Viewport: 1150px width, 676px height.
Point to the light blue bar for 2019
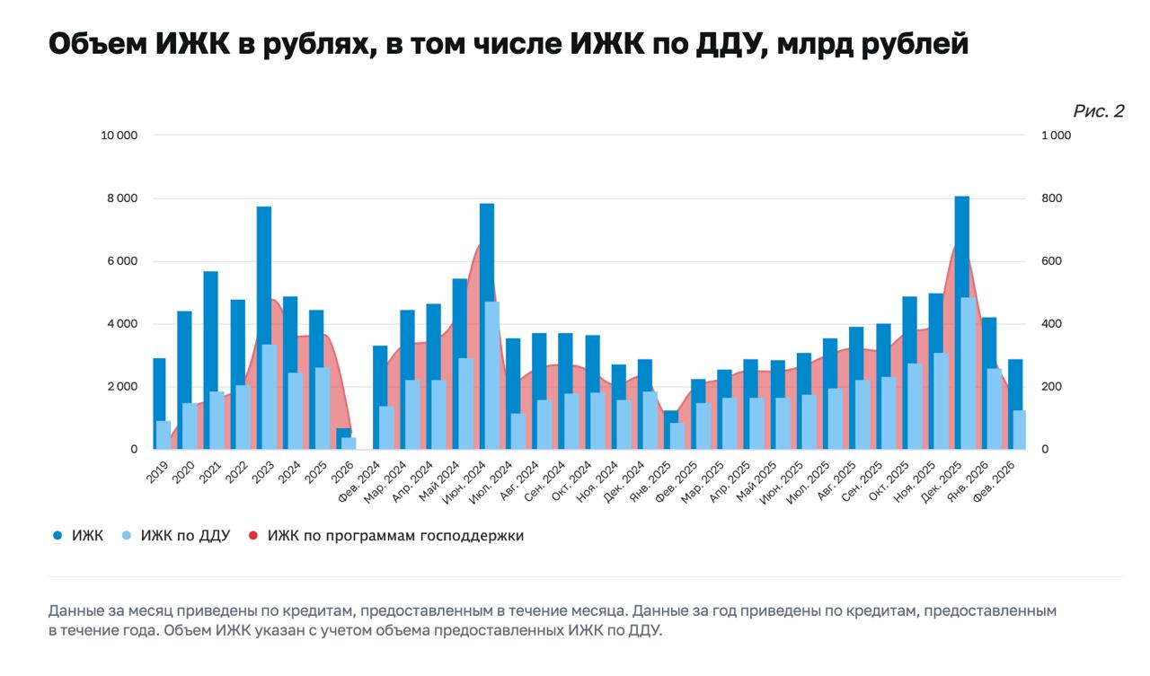pos(164,435)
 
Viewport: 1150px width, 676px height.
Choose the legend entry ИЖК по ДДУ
pos(185,536)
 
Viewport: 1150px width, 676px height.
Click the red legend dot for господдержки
pos(252,536)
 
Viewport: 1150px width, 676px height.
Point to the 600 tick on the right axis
pos(1051,261)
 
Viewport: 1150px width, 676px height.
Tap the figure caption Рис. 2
pos(1098,111)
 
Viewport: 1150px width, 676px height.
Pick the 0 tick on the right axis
pos(1045,450)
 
